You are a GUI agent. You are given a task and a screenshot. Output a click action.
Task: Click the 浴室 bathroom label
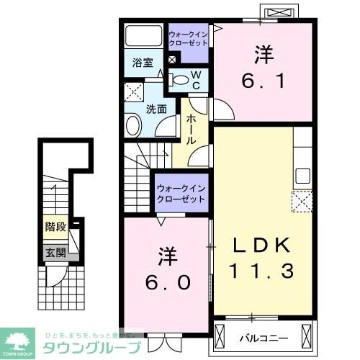coord(142,63)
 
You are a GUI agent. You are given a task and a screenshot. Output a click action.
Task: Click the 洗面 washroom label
coord(157,109)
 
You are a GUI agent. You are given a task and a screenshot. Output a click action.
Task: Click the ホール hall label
coord(192,129)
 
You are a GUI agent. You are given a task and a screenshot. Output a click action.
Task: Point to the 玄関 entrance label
coord(56,252)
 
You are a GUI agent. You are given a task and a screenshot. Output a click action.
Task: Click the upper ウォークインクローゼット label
coord(188,38)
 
